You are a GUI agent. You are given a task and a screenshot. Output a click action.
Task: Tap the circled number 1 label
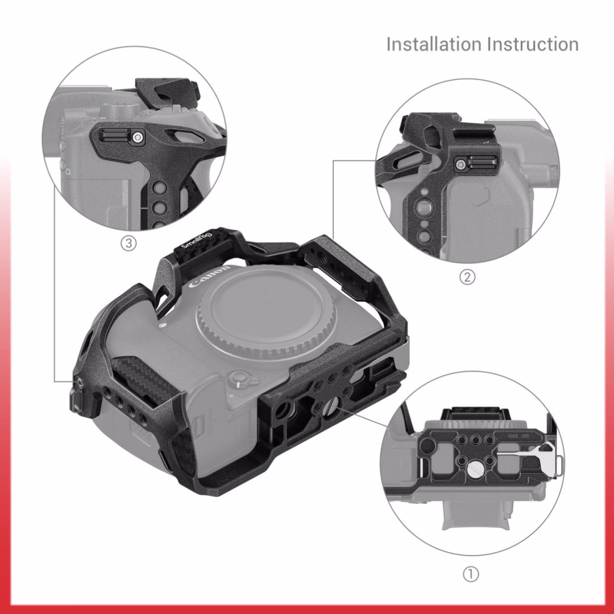point(471,574)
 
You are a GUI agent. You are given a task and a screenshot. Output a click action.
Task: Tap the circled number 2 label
point(467,277)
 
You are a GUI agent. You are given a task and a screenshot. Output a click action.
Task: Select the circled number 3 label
point(128,243)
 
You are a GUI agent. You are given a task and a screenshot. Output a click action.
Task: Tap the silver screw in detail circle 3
point(138,138)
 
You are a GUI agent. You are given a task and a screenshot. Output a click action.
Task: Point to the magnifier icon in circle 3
point(69,172)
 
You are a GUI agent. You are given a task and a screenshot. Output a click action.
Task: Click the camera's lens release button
point(239,379)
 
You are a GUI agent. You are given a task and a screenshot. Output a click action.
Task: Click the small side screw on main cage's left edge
point(80,381)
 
